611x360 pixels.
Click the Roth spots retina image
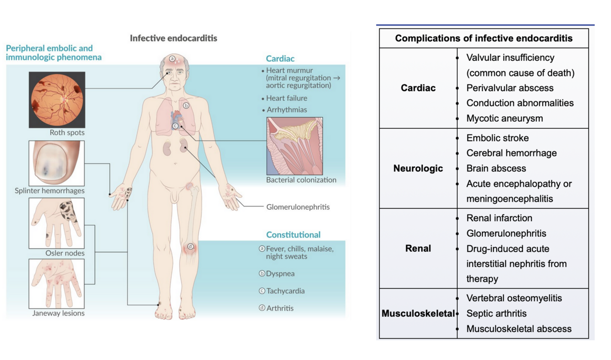coord(57,99)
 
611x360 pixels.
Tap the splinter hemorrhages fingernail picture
coord(57,163)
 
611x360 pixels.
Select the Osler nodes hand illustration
coord(57,223)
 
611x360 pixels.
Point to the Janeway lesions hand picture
coord(57,284)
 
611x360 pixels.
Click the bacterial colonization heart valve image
coord(295,146)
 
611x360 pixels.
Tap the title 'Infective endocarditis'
coord(174,38)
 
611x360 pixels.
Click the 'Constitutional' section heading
coord(293,235)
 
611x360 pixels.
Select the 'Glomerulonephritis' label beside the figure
coord(298,207)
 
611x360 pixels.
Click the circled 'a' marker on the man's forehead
coord(172,59)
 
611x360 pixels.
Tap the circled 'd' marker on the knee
coord(191,247)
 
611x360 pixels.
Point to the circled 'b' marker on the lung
coord(186,105)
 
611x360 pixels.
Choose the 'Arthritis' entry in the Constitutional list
coord(280,308)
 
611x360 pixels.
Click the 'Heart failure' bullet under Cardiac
coord(287,98)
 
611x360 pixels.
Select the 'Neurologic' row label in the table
coord(418,169)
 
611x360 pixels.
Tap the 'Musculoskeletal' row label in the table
coord(418,314)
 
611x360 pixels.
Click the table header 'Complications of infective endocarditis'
coord(484,38)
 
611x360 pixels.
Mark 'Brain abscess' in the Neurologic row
coord(496,168)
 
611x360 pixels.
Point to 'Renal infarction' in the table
coord(499,218)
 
